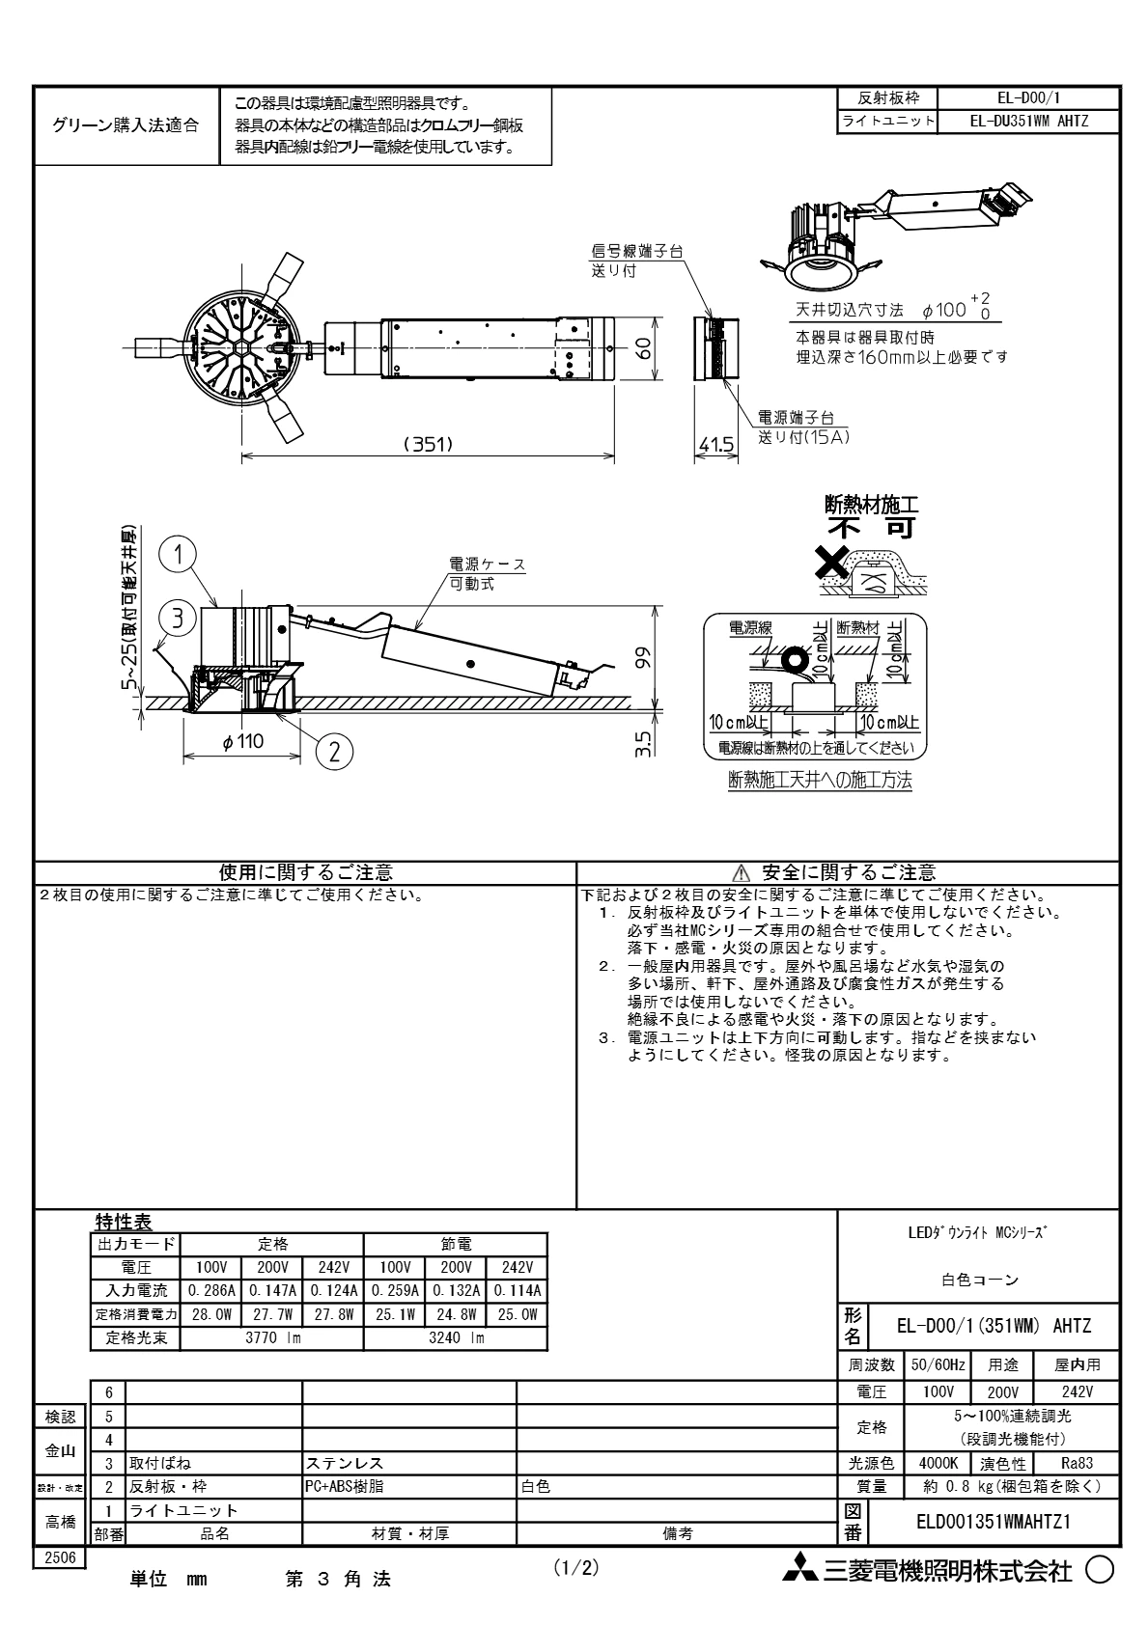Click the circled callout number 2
point(334,752)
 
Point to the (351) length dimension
point(428,444)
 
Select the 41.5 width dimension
point(716,444)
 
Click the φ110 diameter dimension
point(243,741)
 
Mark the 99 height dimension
point(643,658)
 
